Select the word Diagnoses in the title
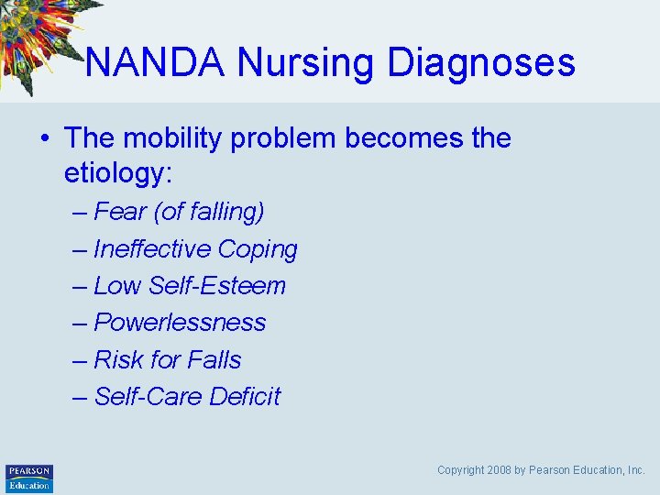[x=481, y=63]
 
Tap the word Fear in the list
[x=119, y=212]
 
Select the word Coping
[x=258, y=249]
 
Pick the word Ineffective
[x=152, y=249]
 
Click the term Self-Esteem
[x=216, y=286]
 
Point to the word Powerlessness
[x=180, y=323]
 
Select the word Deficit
[x=245, y=396]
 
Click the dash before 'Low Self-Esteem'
[x=80, y=286]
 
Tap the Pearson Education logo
[x=29, y=478]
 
